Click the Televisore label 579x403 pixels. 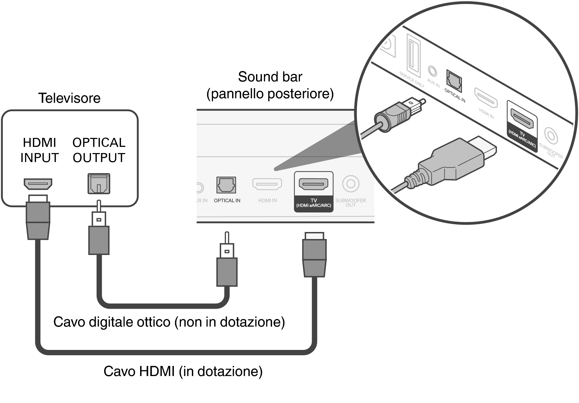tap(69, 98)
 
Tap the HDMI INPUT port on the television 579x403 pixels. tap(38, 184)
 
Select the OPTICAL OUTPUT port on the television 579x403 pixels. tap(99, 184)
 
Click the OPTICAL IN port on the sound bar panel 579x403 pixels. tap(226, 185)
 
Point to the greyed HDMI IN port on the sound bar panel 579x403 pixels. tap(267, 184)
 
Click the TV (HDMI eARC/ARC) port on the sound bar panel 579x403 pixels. tap(313, 184)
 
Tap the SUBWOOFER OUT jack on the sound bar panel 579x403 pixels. tap(351, 184)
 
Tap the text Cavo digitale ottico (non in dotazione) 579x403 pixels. tap(169, 322)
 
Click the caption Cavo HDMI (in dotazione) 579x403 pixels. tap(183, 371)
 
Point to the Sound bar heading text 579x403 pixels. tap(270, 77)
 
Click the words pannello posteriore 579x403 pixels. tap(270, 94)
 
